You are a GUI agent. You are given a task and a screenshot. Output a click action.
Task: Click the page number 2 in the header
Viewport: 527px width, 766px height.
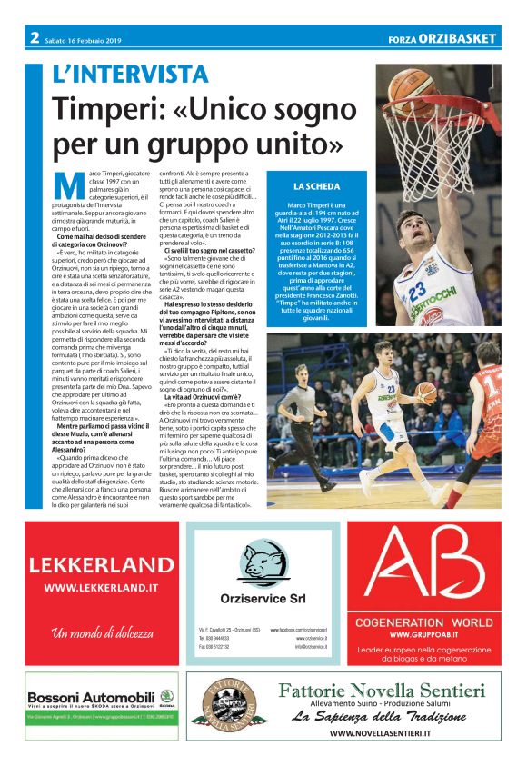[34, 37]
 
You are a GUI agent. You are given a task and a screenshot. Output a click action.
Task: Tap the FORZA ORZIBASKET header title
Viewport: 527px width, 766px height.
[442, 39]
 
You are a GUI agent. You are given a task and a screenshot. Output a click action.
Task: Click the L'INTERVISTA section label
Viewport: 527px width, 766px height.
[130, 75]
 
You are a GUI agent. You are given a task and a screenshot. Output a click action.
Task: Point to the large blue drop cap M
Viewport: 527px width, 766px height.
[66, 184]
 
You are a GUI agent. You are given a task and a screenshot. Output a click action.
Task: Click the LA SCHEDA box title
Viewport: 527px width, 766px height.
[317, 185]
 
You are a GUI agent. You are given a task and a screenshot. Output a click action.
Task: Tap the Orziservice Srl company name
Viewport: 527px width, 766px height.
[263, 598]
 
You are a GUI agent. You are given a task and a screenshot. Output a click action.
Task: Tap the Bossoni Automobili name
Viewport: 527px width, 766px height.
[92, 696]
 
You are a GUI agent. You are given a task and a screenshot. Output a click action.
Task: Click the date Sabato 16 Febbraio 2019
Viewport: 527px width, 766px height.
[81, 38]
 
